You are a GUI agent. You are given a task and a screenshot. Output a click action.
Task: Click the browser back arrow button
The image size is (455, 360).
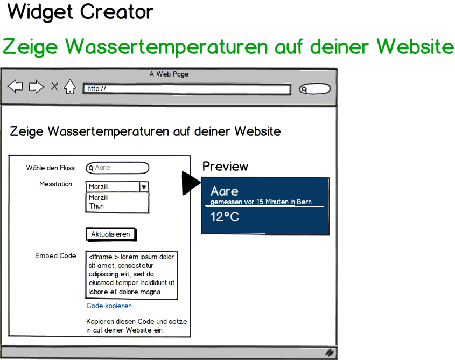click(x=16, y=87)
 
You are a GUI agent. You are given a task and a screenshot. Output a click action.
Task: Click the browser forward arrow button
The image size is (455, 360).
click(x=37, y=87)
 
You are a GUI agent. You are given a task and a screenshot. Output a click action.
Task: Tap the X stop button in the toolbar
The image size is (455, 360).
click(x=54, y=86)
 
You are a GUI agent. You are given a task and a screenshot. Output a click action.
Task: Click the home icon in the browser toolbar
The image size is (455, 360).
click(x=70, y=87)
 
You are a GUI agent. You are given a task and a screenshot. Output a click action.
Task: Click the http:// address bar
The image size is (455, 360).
click(x=187, y=89)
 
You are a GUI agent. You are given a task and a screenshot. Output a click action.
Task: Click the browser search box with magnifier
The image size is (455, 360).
click(x=315, y=89)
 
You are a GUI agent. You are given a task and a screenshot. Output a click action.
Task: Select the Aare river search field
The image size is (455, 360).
click(x=117, y=168)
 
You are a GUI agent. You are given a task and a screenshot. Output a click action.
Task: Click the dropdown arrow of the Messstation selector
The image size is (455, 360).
click(x=144, y=187)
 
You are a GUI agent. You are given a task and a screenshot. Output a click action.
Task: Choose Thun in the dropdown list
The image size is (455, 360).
click(x=96, y=206)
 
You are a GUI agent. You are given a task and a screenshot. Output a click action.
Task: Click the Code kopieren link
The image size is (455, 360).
click(x=109, y=306)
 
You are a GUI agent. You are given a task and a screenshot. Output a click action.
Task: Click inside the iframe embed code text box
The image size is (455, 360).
click(x=131, y=275)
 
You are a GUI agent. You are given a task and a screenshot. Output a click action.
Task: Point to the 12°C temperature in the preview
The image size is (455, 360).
click(x=225, y=217)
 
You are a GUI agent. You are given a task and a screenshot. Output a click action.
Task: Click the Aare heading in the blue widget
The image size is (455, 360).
click(x=225, y=191)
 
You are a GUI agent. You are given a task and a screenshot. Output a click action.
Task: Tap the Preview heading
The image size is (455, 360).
click(x=225, y=167)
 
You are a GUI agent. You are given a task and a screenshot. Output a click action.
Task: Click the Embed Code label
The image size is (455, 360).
click(x=55, y=256)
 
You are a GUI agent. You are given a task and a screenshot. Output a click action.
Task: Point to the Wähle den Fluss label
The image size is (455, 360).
click(x=51, y=168)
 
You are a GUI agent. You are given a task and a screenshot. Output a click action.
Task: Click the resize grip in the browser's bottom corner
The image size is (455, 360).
click(x=330, y=352)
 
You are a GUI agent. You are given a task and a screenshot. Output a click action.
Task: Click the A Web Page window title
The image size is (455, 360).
click(x=169, y=74)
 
